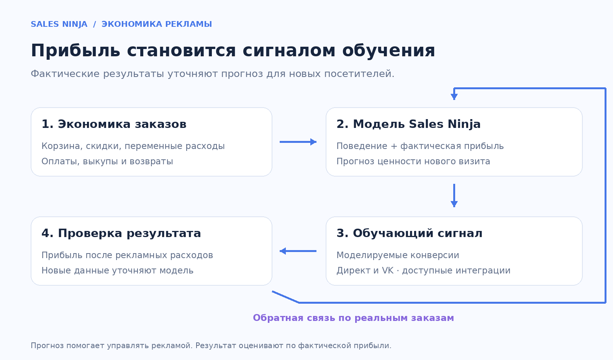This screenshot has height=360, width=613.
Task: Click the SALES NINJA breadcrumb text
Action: click(x=59, y=24)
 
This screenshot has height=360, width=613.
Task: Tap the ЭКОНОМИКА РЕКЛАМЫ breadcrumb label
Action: click(x=157, y=24)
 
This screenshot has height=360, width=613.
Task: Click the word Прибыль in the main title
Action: click(x=75, y=50)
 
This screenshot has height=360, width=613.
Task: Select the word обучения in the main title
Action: click(x=388, y=51)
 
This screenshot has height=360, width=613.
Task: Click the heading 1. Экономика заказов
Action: click(x=114, y=124)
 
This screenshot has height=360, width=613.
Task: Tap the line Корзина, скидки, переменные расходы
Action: click(x=133, y=146)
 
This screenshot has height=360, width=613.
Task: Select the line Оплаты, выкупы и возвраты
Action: click(x=107, y=161)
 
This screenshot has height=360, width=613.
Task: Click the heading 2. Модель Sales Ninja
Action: click(x=408, y=124)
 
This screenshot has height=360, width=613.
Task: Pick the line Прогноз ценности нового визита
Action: click(x=413, y=161)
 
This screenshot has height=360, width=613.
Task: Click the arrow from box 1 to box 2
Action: click(x=298, y=142)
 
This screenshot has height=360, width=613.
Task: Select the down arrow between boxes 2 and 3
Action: click(x=454, y=196)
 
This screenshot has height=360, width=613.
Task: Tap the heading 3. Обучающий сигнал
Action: click(x=410, y=233)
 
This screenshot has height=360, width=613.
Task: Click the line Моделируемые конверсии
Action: click(x=398, y=255)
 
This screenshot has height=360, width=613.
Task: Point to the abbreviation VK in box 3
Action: click(x=388, y=270)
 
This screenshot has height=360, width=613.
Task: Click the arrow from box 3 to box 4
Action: click(x=298, y=251)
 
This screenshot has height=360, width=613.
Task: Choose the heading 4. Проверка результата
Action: click(x=121, y=233)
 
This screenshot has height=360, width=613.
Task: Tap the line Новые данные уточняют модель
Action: click(x=117, y=270)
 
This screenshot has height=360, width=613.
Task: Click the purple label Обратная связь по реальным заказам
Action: click(x=353, y=318)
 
